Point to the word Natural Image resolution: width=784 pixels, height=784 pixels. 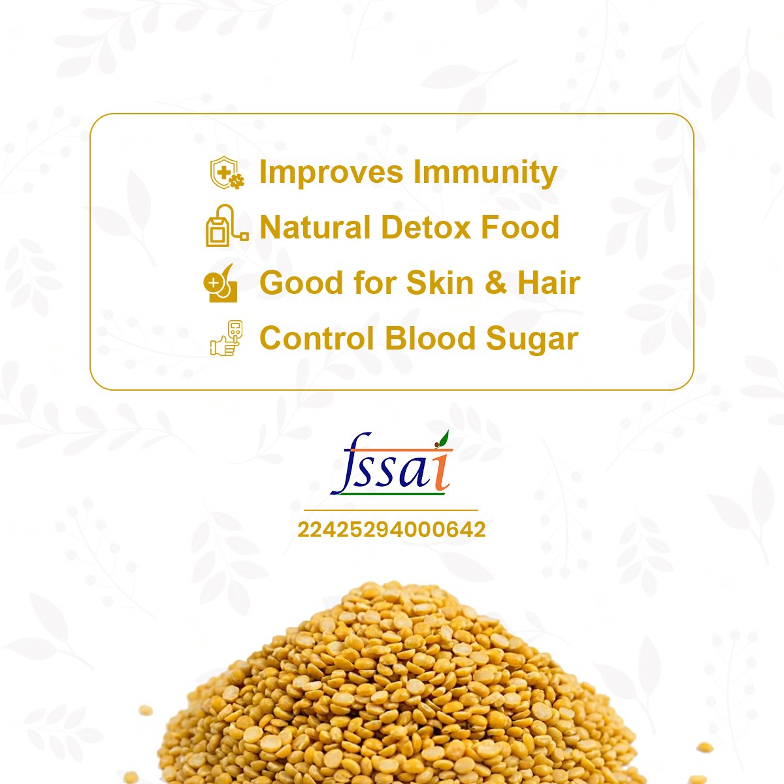(x=315, y=227)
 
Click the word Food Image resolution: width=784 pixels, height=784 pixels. (x=520, y=227)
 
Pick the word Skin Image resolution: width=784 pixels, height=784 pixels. (x=440, y=282)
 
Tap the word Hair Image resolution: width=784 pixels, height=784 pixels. (x=549, y=282)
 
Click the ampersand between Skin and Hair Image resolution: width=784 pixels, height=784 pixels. (x=496, y=283)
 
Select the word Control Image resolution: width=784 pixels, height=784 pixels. (x=317, y=338)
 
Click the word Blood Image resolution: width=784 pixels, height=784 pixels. (x=430, y=338)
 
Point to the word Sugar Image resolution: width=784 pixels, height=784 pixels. (x=532, y=339)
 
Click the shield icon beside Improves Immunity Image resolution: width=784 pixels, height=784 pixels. (x=227, y=173)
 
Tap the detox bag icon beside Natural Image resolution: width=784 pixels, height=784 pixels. (x=227, y=225)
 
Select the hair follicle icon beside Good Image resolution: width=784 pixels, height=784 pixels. (x=221, y=283)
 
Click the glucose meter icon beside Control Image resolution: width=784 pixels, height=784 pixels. (x=227, y=338)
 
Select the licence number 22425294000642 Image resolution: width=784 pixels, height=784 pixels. (x=391, y=530)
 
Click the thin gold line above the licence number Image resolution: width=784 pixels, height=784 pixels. (x=391, y=510)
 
